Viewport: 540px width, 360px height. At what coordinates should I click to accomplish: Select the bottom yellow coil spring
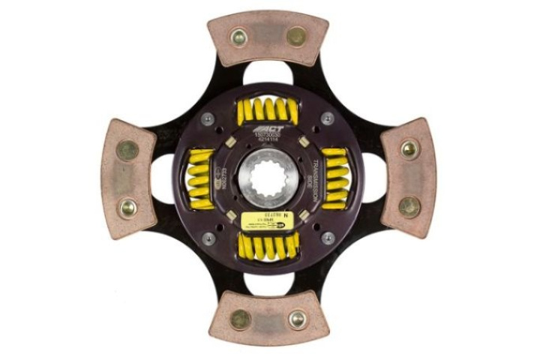[x=268, y=245]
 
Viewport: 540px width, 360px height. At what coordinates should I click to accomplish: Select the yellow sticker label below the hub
[x=262, y=220]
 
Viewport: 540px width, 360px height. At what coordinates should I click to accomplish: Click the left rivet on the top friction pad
[x=238, y=35]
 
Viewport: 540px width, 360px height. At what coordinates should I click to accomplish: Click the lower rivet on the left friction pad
[x=127, y=207]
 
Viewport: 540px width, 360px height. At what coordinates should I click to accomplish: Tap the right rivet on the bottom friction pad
[x=297, y=319]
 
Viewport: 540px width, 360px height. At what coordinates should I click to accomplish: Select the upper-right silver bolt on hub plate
[x=328, y=118]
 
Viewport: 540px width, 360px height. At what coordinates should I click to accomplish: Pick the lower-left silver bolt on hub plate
[x=208, y=238]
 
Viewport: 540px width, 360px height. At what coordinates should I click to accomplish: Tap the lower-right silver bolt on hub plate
[x=328, y=238]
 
